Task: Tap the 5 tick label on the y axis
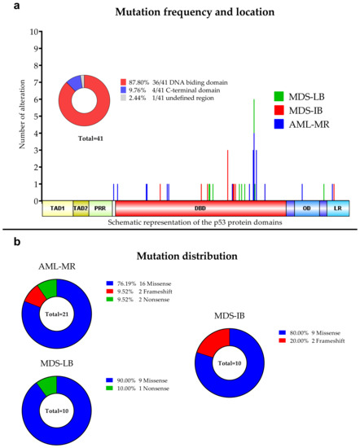coord(33,116)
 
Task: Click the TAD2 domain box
coord(81,209)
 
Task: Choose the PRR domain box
coord(100,209)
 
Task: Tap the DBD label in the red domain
coord(200,209)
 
